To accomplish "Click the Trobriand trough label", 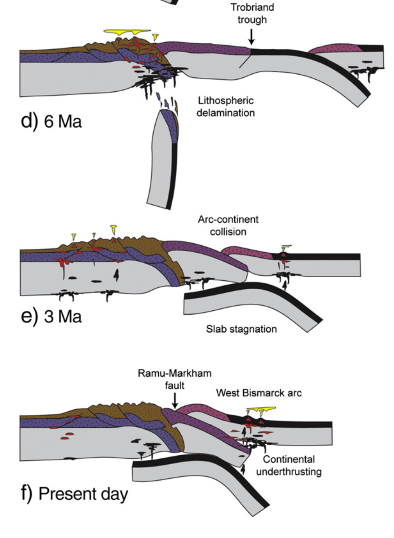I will tap(252, 13).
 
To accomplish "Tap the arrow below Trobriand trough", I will tap(252, 37).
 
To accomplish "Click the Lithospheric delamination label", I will tap(226, 107).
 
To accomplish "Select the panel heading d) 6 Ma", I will tap(51, 120).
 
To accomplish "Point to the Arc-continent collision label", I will tap(228, 225).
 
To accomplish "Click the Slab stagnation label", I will tap(241, 329).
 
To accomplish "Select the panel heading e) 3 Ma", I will tap(51, 316).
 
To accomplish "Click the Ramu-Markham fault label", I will tap(175, 379).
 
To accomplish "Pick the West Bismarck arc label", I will tap(259, 393).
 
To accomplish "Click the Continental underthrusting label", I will tap(289, 466).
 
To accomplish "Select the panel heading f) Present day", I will tap(74, 493).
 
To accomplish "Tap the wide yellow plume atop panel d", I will tap(127, 32).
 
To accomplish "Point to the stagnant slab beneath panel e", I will tap(248, 304).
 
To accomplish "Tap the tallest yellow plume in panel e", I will tap(114, 230).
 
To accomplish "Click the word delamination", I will tap(226, 113).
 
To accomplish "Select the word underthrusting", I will tap(289, 472).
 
